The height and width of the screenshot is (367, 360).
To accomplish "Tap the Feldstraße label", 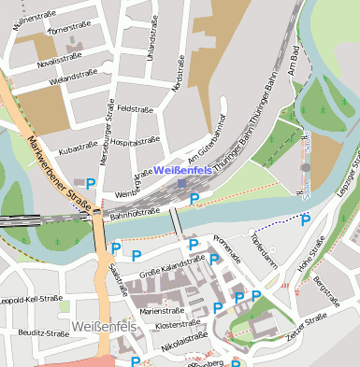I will pos(135,109).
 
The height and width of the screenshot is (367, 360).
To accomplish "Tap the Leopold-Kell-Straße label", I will pos(31,301).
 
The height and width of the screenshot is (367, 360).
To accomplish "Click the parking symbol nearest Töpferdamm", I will pos(305,220).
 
